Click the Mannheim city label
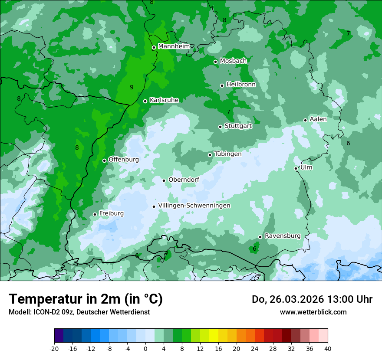174,46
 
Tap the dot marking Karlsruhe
145,101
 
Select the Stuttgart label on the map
238,126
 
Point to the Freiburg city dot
95,214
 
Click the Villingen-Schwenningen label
194,206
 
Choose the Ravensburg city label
283,236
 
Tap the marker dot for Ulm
296,168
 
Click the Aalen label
318,119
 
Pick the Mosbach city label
233,61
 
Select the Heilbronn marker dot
222,85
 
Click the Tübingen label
228,154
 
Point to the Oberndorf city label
184,180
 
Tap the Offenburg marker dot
104,160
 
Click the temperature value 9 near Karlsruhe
132,87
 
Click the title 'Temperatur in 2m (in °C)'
86,299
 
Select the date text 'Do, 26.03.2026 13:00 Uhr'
312,299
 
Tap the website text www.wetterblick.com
313,312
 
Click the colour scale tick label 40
328,348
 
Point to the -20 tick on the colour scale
54,348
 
